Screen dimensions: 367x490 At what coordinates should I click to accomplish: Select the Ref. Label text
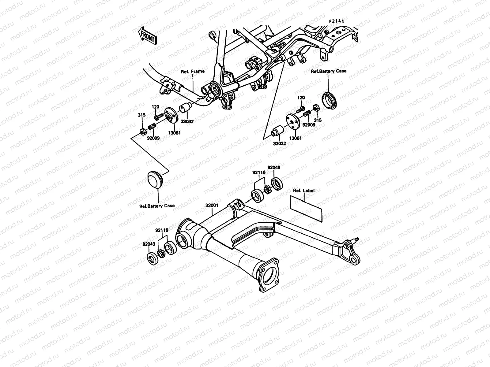pos(304,191)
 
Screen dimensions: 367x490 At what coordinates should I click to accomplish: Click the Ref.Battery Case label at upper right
pos(329,71)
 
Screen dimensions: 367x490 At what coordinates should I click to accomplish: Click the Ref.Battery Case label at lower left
pos(157,206)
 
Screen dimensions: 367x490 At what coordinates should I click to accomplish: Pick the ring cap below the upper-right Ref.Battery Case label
pos(329,100)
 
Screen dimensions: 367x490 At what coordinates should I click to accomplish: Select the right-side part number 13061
pos(296,138)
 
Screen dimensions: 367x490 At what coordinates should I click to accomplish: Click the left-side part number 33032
pos(187,121)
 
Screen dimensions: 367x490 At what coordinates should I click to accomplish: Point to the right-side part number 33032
pos(279,143)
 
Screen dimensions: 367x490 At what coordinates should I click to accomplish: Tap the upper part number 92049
pos(274,168)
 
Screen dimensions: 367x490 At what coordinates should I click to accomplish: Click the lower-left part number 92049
pos(149,244)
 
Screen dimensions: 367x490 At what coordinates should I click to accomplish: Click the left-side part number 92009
pos(153,138)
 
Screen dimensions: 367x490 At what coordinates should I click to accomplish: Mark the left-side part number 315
pos(142,115)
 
